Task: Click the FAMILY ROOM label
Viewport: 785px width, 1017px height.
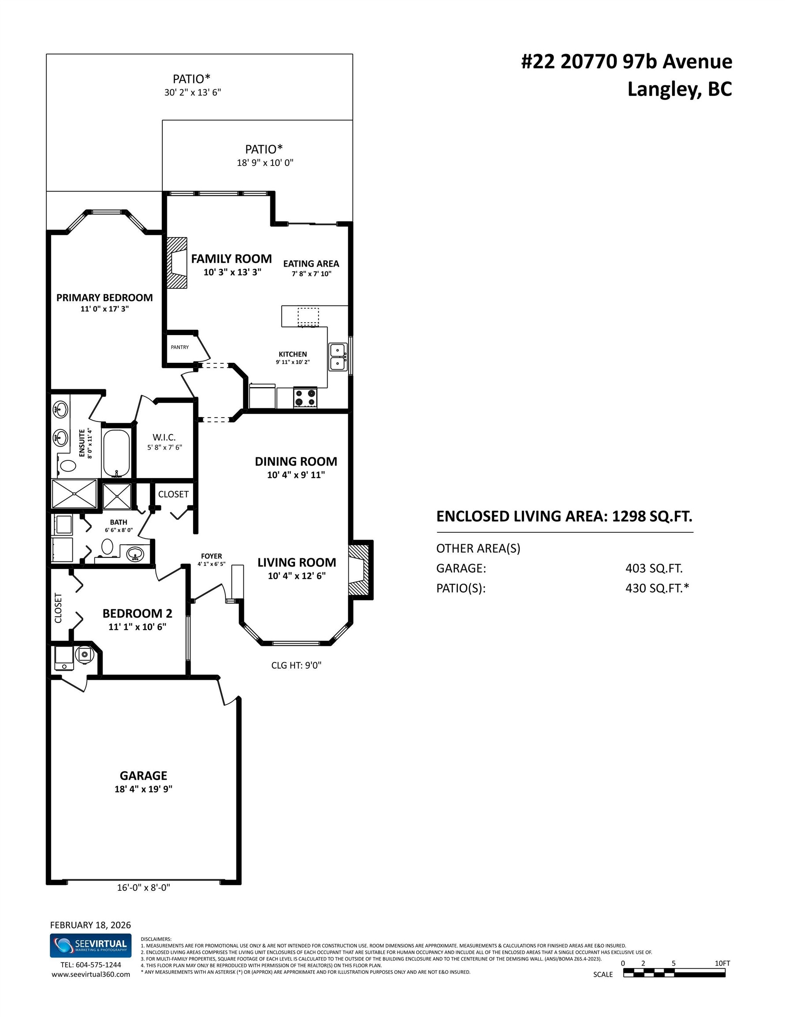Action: [x=231, y=259]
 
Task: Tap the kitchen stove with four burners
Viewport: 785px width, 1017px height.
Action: [x=305, y=397]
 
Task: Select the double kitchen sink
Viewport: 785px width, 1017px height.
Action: [x=338, y=357]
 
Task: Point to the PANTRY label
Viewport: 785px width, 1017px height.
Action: [x=179, y=347]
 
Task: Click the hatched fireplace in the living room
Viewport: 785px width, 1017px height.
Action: [x=360, y=569]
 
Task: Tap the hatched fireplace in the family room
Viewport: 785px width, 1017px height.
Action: [x=177, y=263]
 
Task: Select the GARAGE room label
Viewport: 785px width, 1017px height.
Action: [x=143, y=776]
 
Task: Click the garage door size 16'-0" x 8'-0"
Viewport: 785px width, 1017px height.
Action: [x=143, y=888]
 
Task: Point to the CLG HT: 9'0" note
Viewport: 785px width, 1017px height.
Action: [x=296, y=666]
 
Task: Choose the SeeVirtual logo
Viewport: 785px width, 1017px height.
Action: [x=90, y=946]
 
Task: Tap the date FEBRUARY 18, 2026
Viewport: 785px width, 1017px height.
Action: [x=90, y=925]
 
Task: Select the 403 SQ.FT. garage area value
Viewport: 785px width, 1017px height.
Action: [x=654, y=568]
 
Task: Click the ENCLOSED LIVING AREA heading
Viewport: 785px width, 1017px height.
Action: [x=564, y=516]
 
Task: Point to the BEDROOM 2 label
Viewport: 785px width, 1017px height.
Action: [x=137, y=613]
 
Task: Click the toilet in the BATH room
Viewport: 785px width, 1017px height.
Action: [x=108, y=547]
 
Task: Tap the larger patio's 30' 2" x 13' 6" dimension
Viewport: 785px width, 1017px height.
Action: [x=192, y=92]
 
